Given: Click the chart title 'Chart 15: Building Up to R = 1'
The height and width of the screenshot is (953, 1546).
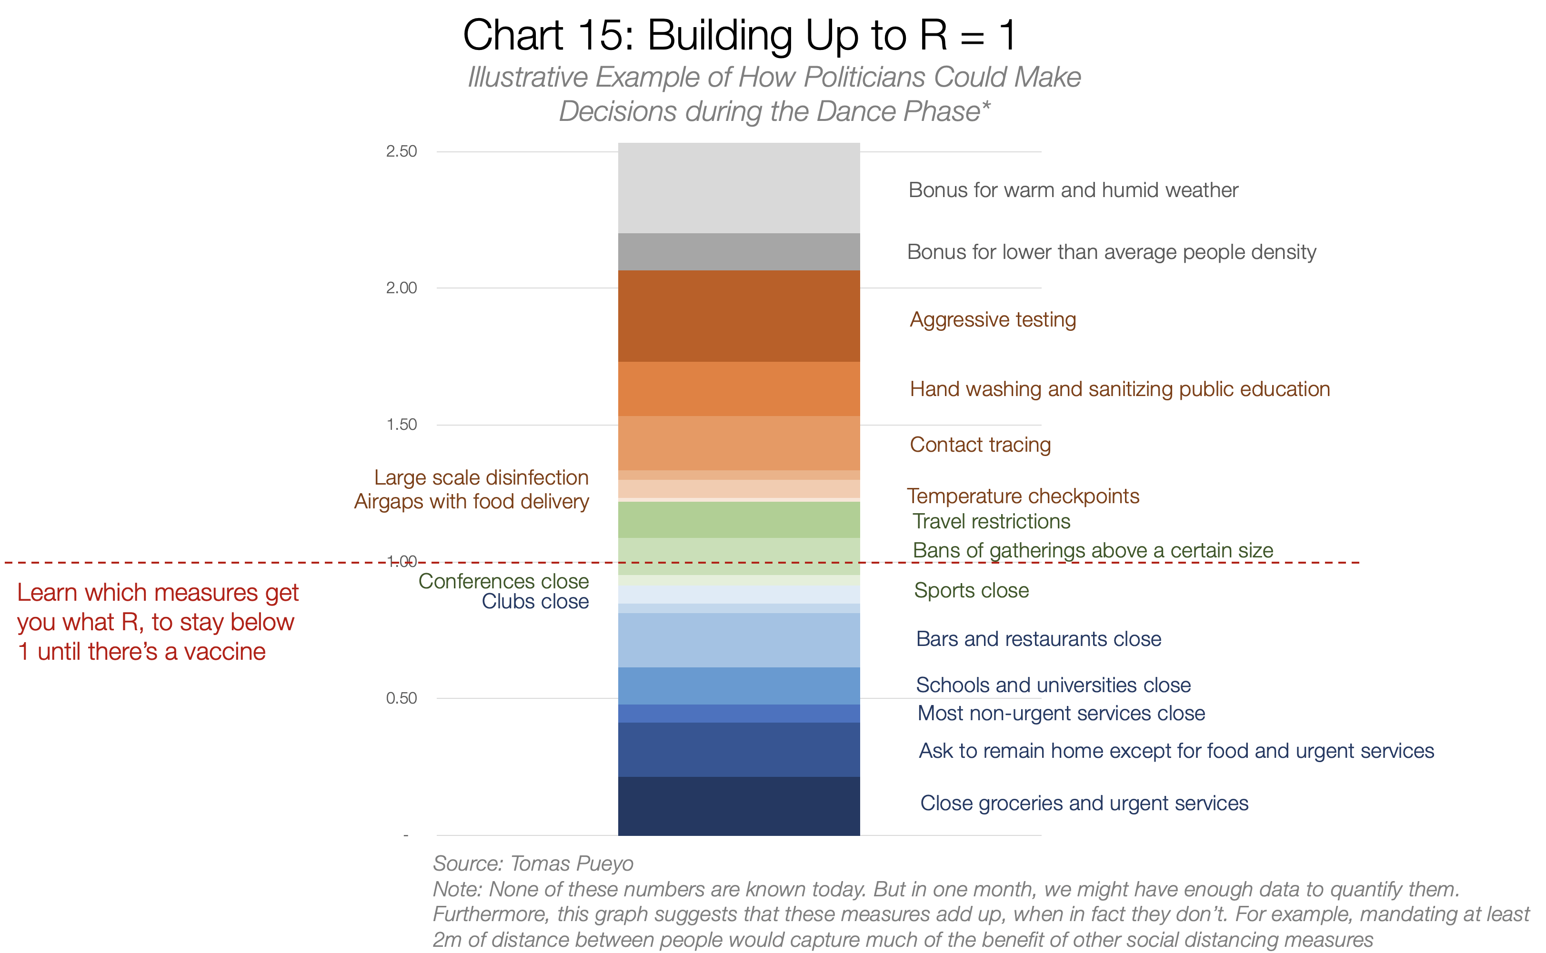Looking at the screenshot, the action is pyautogui.click(x=739, y=35).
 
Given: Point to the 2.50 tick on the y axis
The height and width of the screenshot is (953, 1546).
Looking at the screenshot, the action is pyautogui.click(x=402, y=151).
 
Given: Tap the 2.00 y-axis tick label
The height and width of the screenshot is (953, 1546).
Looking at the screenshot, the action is pyautogui.click(x=402, y=288).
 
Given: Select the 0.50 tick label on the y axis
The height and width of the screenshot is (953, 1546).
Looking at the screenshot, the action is pyautogui.click(x=402, y=698).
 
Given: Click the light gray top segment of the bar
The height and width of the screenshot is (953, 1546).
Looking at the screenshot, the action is pyautogui.click(x=739, y=188).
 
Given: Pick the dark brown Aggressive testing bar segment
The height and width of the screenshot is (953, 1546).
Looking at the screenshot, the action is pyautogui.click(x=739, y=316).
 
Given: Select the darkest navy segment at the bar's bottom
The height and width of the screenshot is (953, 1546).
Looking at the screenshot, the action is pyautogui.click(x=739, y=806).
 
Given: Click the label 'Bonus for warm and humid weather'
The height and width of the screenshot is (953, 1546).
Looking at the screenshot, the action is pyautogui.click(x=1073, y=190).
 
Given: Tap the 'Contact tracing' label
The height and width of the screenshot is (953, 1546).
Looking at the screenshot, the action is pyautogui.click(x=981, y=445).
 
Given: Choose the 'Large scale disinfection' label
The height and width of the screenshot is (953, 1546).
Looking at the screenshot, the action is pyautogui.click(x=481, y=478).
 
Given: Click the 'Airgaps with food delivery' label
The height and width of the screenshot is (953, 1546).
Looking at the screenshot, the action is pyautogui.click(x=471, y=502).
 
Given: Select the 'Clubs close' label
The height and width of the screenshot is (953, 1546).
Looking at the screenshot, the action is pyautogui.click(x=535, y=601).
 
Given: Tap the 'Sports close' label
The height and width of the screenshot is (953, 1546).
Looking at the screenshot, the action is pyautogui.click(x=972, y=591).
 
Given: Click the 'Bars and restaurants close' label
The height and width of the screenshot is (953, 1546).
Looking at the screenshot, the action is pyautogui.click(x=1038, y=639).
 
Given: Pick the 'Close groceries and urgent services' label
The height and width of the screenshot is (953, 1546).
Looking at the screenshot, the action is pyautogui.click(x=1084, y=804).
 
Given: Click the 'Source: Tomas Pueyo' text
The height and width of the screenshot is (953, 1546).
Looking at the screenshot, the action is pyautogui.click(x=533, y=864).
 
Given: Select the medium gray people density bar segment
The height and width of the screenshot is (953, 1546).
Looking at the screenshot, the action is pyautogui.click(x=739, y=252).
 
